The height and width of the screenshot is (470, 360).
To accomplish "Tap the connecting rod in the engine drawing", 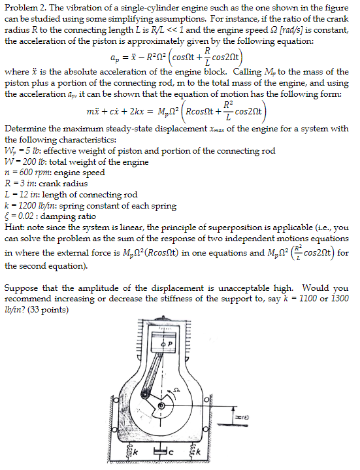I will pyautogui.click(x=167, y=369).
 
